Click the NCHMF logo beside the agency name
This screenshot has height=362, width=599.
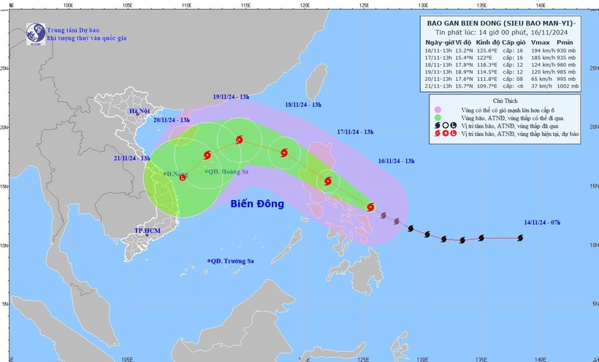tap(34, 33)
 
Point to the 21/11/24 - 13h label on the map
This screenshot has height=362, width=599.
tap(131, 158)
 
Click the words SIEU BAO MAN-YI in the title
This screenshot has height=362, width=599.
tap(535, 23)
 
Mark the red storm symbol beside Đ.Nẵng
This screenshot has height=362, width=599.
tap(183, 177)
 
